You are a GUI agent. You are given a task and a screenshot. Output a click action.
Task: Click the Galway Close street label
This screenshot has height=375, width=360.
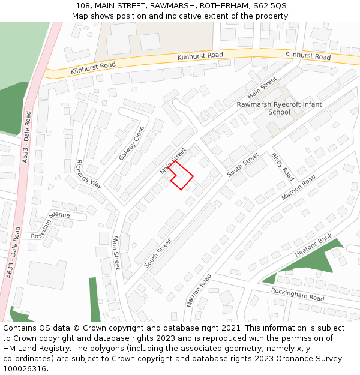point(131,143)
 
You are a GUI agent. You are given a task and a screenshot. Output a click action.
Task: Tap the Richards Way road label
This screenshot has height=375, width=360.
point(88,175)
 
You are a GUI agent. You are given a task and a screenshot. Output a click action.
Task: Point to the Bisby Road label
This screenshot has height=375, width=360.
point(283,166)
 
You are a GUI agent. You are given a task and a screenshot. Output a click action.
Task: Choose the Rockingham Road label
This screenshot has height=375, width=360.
point(297,295)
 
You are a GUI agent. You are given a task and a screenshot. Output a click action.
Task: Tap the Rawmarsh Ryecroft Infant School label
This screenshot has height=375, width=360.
point(279,108)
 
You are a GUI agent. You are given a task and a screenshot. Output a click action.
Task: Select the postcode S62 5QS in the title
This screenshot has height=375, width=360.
point(269,5)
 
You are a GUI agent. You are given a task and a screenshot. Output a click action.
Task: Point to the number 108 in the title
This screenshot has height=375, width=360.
point(83,5)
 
